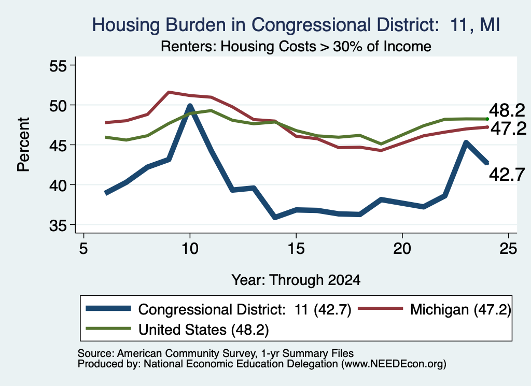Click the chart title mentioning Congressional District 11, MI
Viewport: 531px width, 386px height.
point(296,25)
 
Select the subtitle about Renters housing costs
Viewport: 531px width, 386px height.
point(296,46)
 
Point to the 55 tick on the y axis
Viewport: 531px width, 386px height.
point(58,66)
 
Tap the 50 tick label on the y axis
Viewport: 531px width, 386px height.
point(58,106)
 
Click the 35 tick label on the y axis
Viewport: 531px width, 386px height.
point(58,225)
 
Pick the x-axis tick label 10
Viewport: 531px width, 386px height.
point(190,249)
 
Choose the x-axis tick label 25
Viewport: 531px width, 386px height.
point(508,249)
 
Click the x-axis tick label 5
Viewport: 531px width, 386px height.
point(83,249)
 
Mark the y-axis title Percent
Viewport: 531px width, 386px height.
point(23,145)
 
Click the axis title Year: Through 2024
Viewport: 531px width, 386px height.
point(296,280)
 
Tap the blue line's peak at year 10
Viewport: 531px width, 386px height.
point(190,106)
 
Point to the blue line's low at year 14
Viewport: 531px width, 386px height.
point(275,217)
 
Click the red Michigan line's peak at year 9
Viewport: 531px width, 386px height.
point(169,92)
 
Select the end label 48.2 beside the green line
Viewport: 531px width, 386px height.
point(507,110)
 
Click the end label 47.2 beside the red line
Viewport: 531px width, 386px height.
point(508,128)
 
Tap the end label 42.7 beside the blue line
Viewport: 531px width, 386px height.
point(507,175)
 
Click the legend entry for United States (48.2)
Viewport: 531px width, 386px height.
point(177,329)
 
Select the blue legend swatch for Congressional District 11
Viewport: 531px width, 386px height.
point(108,308)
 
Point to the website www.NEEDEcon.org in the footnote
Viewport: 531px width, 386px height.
point(394,364)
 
